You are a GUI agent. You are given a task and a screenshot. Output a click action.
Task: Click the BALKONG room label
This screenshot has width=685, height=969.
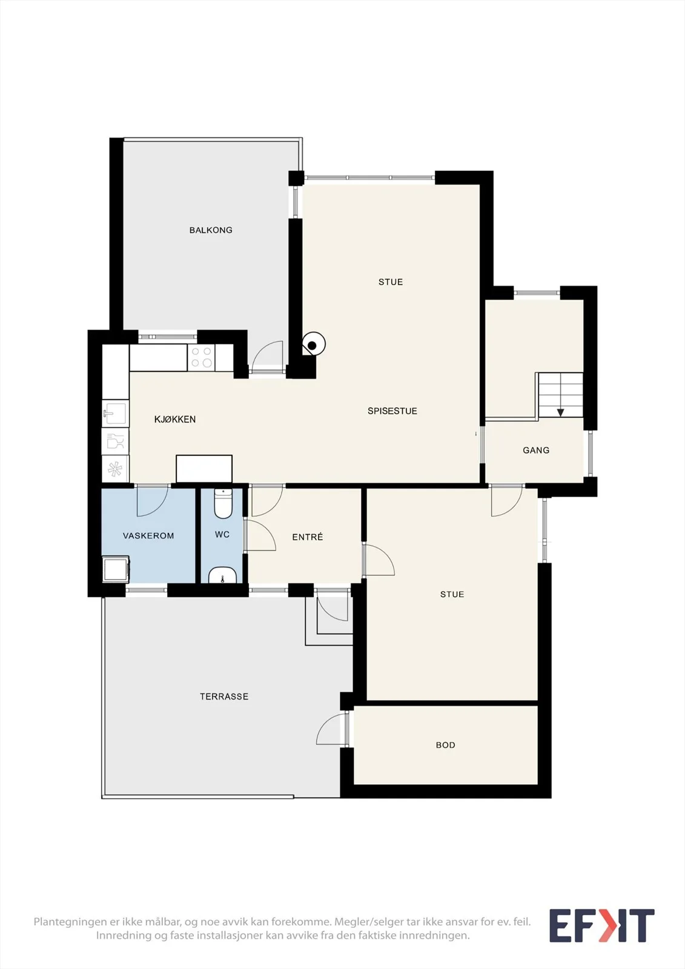pyautogui.click(x=211, y=230)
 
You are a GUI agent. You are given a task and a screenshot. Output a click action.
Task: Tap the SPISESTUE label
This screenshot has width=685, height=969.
pyautogui.click(x=392, y=411)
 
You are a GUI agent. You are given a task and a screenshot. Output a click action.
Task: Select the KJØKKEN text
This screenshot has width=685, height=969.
pyautogui.click(x=175, y=419)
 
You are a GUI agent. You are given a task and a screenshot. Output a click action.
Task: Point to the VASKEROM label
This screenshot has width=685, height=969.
pyautogui.click(x=148, y=535)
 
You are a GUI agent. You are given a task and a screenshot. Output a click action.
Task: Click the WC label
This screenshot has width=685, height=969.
pyautogui.click(x=222, y=535)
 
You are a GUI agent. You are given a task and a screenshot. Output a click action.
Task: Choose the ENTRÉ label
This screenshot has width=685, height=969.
pyautogui.click(x=308, y=537)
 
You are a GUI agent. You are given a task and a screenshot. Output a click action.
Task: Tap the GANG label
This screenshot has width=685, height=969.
pyautogui.click(x=536, y=451)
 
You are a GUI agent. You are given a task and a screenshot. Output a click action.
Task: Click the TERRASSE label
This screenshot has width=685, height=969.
pyautogui.click(x=224, y=696)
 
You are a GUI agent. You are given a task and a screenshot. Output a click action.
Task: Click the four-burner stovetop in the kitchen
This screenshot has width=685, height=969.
pyautogui.click(x=201, y=357)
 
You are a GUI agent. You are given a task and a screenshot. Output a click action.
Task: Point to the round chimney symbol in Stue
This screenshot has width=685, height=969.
pyautogui.click(x=313, y=344)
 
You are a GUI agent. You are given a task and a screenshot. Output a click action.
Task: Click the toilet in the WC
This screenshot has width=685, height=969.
pyautogui.click(x=223, y=503)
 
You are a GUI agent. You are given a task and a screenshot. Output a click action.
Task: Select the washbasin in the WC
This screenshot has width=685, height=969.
pyautogui.click(x=222, y=576)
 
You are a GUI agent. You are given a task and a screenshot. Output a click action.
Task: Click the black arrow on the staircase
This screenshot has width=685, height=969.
pyautogui.click(x=560, y=412)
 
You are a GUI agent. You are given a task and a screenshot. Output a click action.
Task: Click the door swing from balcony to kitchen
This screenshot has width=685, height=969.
pyautogui.click(x=267, y=357)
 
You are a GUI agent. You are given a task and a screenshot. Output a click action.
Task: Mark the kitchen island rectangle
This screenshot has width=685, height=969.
pyautogui.click(x=204, y=469)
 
